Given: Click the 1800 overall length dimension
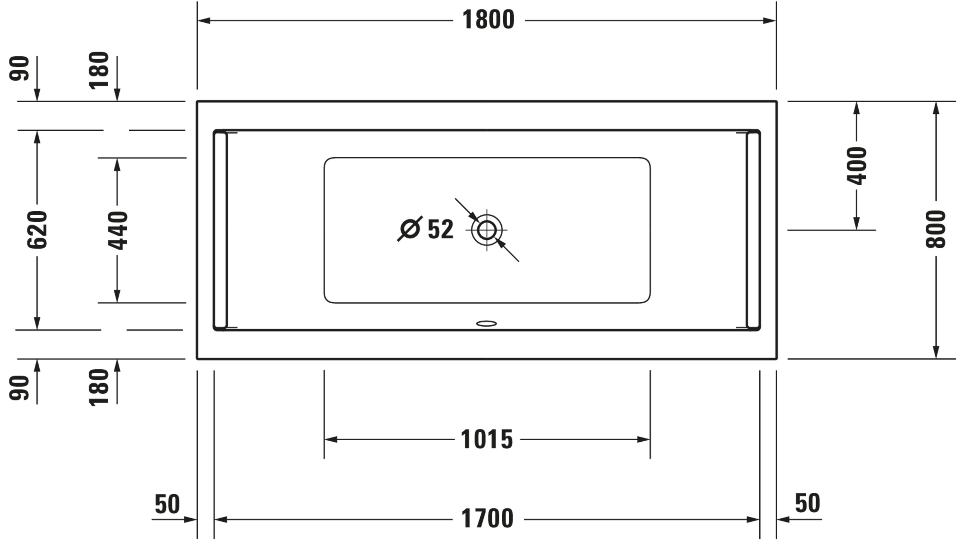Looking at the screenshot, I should coord(488,20).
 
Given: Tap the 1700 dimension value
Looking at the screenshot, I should coord(487,518).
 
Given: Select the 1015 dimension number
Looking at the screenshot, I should coord(487,439).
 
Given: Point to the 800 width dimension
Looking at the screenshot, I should coord(935,229).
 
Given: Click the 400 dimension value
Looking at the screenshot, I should coord(856,166).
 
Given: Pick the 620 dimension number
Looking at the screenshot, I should coord(37,229).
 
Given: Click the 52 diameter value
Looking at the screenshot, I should coord(441,229).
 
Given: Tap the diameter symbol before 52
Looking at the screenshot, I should coord(410,228).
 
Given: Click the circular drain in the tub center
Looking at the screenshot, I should coord(486,230).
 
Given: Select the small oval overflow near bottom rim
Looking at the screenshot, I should coord(486,324).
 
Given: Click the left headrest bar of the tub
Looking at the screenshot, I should coord(220,230).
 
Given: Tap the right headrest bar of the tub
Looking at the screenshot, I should coord(753,230).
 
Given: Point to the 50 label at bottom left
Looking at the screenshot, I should coord(167,504).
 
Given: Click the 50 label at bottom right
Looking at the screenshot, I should coord(807,503).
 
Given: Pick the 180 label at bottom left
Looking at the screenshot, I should coord(99,387).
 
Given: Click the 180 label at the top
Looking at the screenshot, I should coord(99,70).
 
